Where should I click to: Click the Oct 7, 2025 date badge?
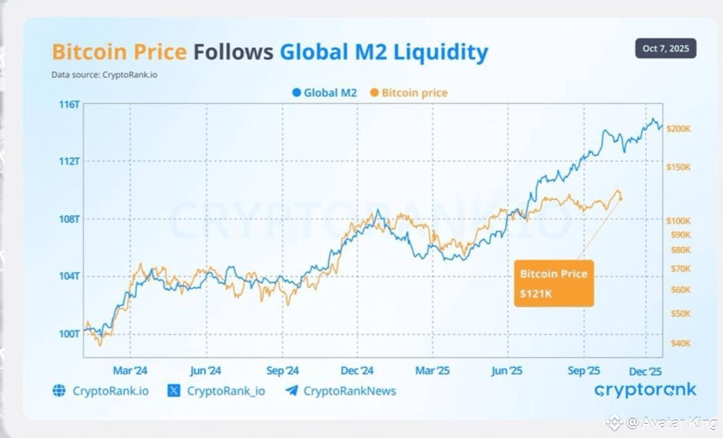(665, 48)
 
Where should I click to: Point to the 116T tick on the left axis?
(69, 104)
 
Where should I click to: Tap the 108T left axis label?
(69, 219)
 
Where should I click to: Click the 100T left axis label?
(69, 334)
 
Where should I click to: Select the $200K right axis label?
(678, 129)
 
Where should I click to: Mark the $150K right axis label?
(678, 167)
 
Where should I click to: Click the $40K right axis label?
(680, 343)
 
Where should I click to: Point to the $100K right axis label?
(678, 221)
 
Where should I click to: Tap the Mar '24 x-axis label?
(130, 371)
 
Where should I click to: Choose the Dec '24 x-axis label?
(357, 371)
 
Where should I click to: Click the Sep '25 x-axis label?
(584, 371)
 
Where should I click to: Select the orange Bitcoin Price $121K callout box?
(553, 283)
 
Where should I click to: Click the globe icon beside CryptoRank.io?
(59, 390)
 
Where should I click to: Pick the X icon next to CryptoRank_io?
(174, 390)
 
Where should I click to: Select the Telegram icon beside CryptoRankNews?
(292, 390)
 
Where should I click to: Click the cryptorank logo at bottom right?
(645, 390)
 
